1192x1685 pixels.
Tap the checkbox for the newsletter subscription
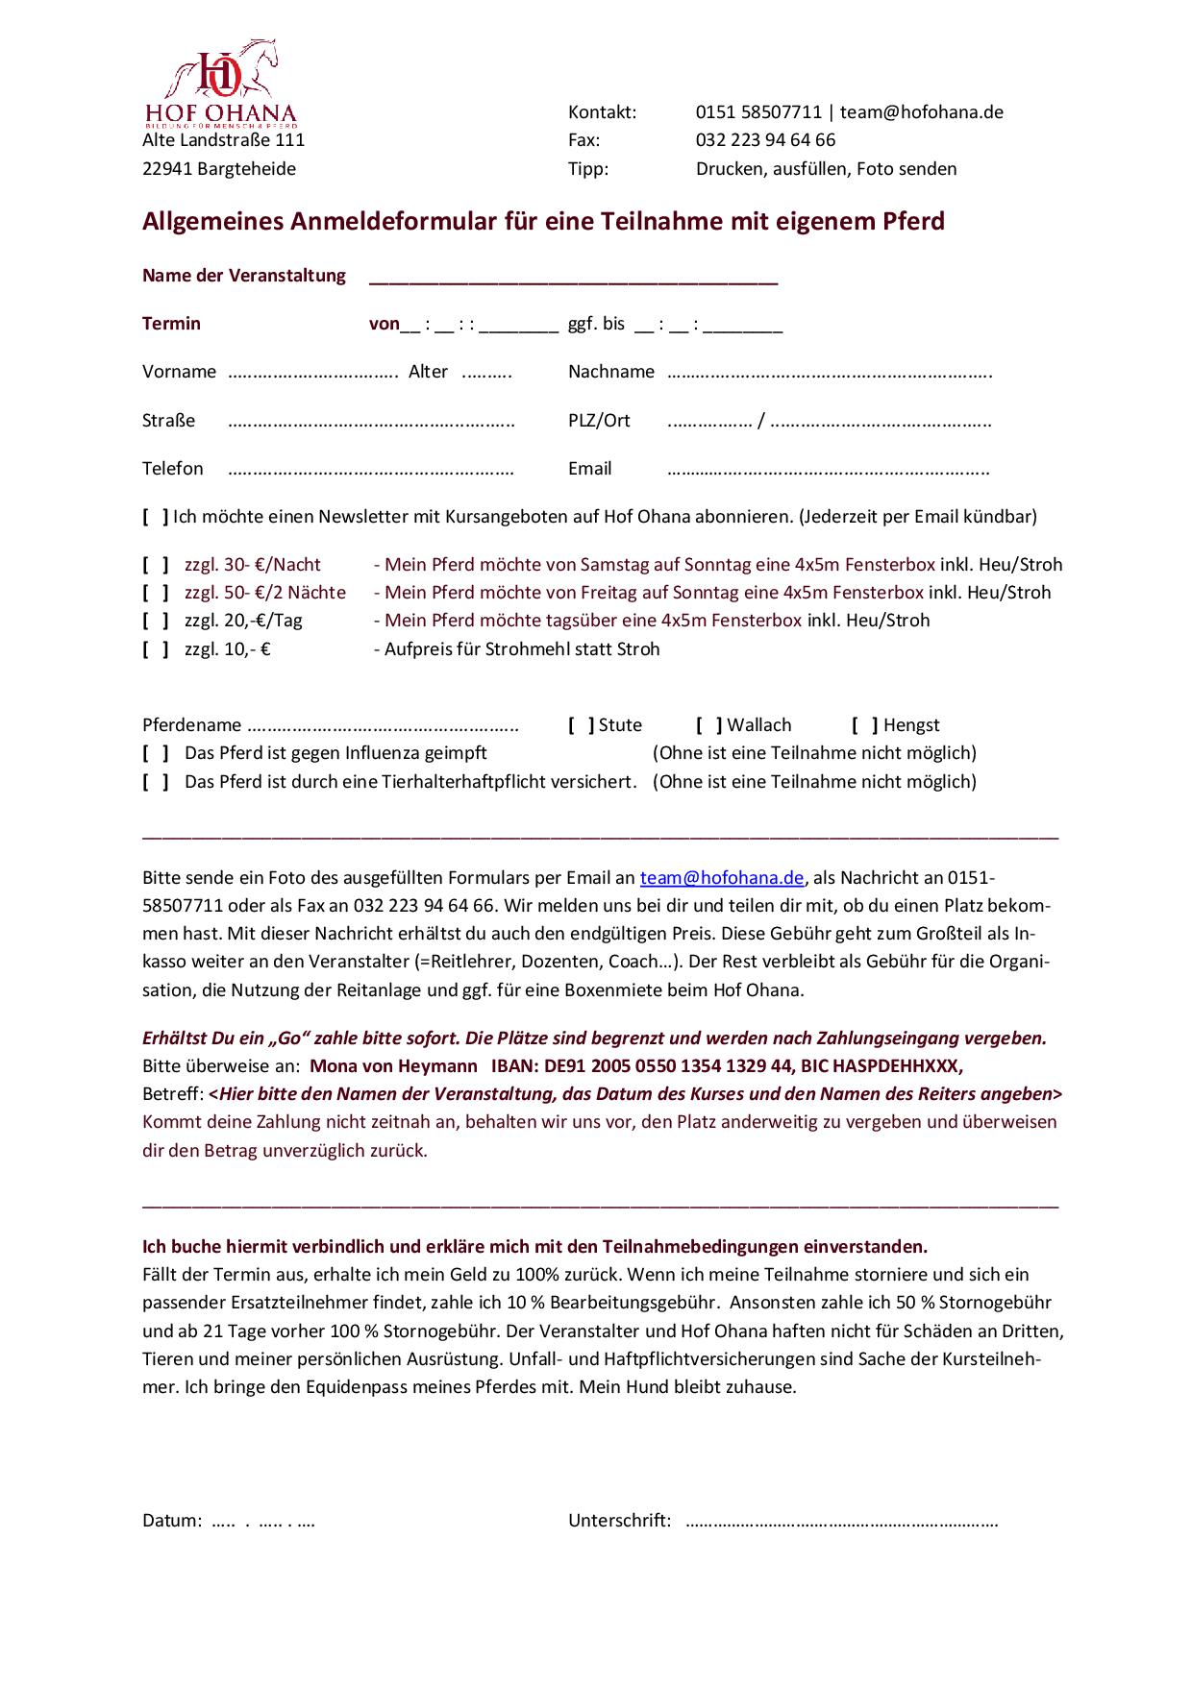tap(156, 517)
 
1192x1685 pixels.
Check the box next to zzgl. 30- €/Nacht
tap(156, 565)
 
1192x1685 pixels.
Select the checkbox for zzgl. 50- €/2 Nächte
tap(156, 593)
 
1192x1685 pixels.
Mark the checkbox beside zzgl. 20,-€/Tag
tap(156, 621)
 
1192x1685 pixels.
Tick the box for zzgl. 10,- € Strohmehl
tap(156, 649)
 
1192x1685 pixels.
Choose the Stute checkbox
tap(581, 725)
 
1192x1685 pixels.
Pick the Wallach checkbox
tap(709, 725)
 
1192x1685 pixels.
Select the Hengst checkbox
tap(865, 725)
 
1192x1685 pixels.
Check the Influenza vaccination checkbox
tap(156, 753)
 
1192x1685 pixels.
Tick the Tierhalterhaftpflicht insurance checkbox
tap(156, 782)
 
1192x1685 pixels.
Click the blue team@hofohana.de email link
tap(722, 878)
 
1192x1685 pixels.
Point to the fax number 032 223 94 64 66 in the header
tap(765, 140)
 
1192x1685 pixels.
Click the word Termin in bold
tap(171, 324)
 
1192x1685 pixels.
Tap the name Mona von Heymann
tap(393, 1066)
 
